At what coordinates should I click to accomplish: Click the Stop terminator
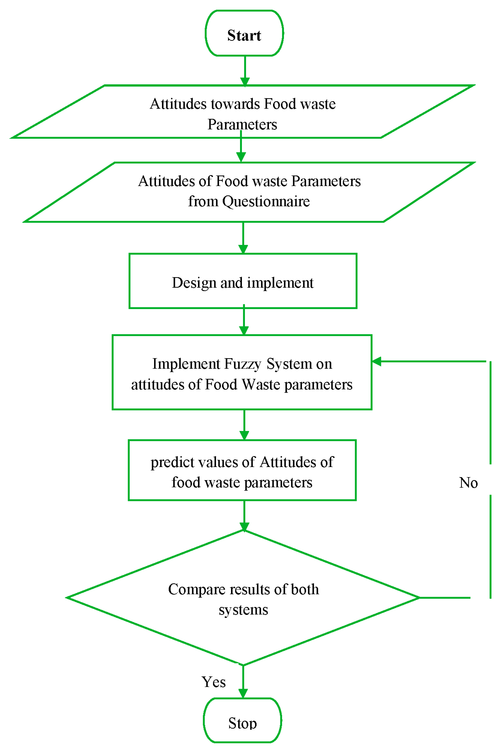(242, 723)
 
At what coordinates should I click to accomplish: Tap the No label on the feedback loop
(468, 483)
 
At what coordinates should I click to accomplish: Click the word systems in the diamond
(243, 610)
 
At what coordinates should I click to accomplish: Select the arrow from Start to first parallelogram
(245, 70)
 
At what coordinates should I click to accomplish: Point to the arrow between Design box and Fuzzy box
(244, 321)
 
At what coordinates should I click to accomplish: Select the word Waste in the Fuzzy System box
(260, 385)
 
